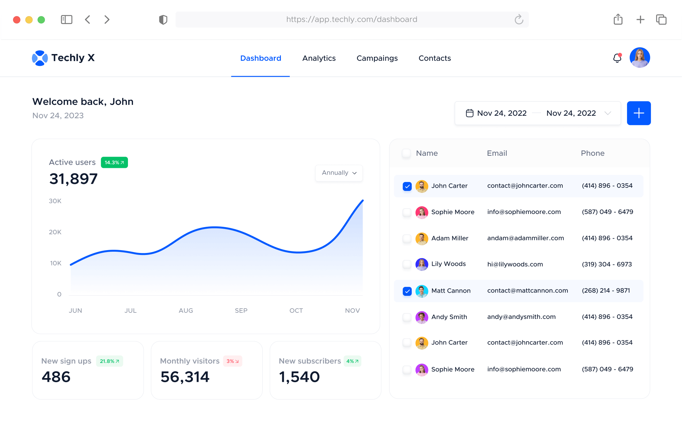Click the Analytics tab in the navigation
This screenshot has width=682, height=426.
(x=319, y=58)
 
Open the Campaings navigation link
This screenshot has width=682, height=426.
(x=377, y=58)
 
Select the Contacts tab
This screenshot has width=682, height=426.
(x=435, y=58)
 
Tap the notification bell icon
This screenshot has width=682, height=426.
(x=617, y=58)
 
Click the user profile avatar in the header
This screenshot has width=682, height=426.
(x=639, y=58)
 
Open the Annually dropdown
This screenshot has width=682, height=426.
(x=339, y=173)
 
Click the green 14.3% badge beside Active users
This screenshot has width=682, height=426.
(x=114, y=162)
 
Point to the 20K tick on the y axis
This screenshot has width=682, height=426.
(x=55, y=232)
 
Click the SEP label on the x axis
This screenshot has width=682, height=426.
(x=241, y=311)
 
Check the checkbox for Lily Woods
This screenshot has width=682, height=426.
(x=407, y=264)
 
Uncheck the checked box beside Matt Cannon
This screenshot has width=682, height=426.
(x=407, y=291)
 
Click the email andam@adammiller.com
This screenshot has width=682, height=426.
(x=525, y=238)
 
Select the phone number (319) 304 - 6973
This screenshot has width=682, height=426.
(x=607, y=264)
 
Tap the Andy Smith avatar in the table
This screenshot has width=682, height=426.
(x=422, y=317)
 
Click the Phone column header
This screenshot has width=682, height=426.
(x=592, y=154)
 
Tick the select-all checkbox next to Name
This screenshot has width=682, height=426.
(x=406, y=153)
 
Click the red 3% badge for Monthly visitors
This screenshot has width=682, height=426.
(x=233, y=361)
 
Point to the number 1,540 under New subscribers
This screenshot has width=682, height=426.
(x=299, y=377)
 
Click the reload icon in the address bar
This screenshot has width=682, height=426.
(x=519, y=20)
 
